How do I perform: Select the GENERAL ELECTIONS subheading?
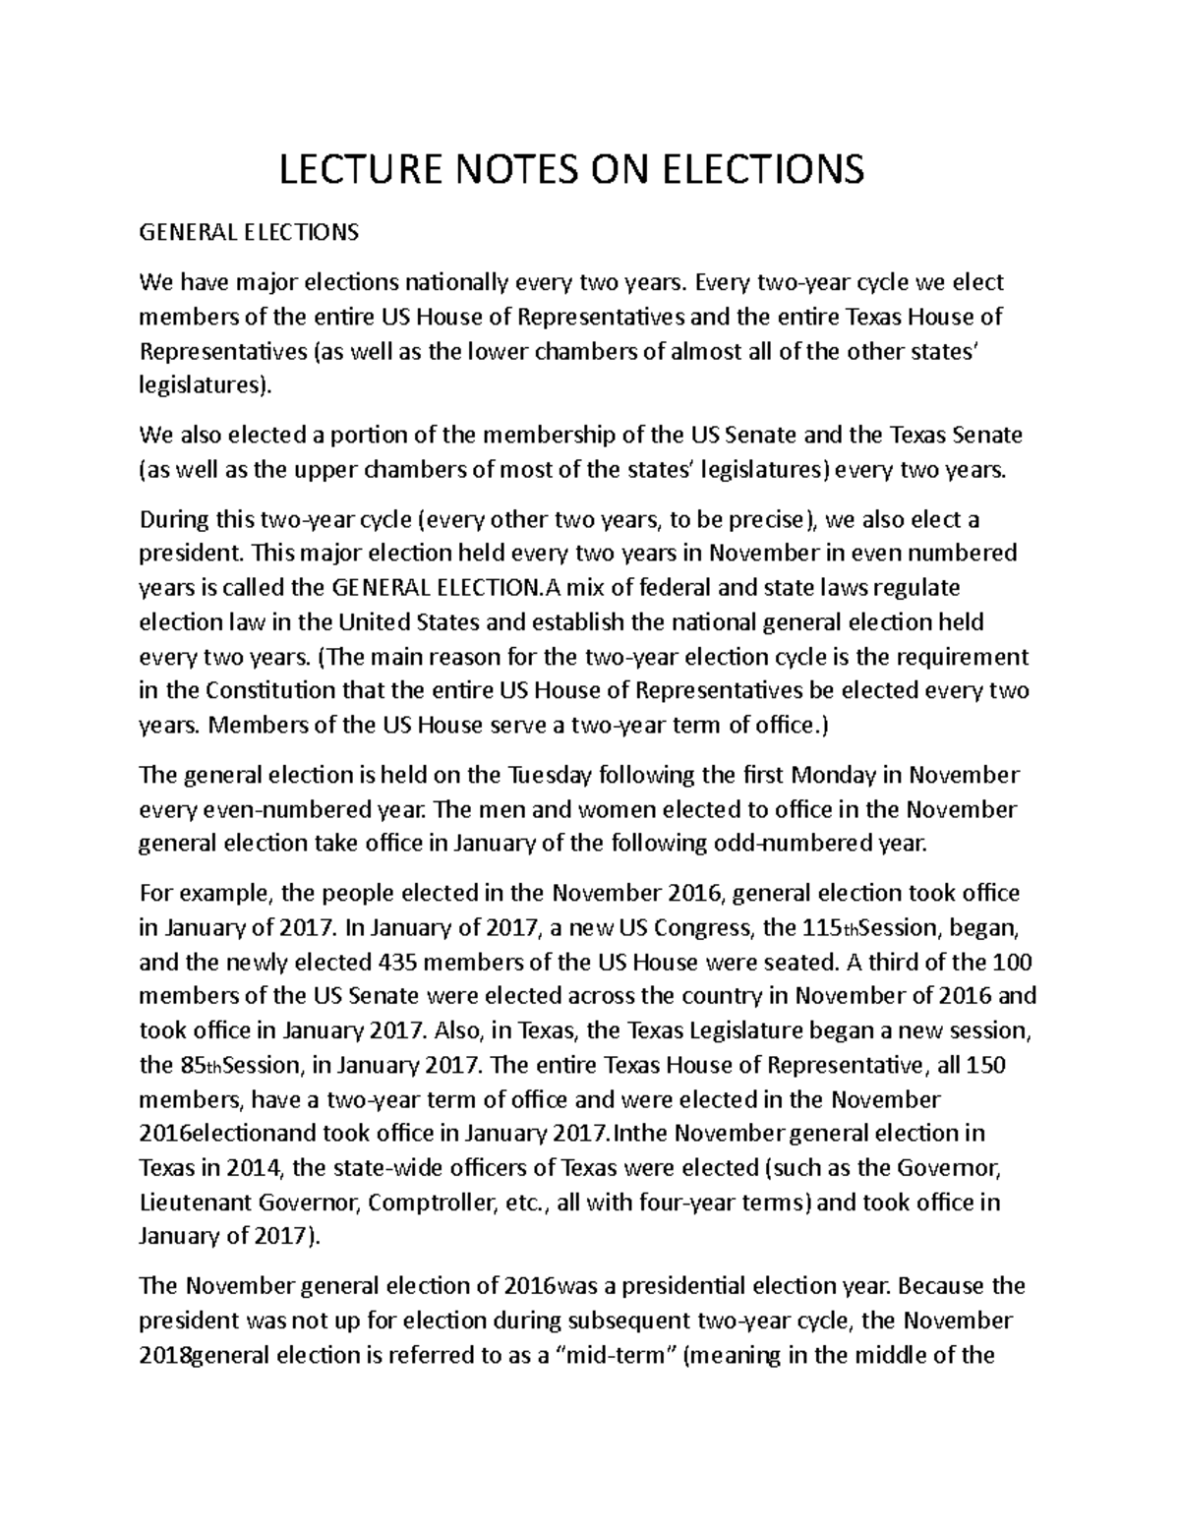click(x=249, y=233)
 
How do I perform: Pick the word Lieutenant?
click(x=197, y=1202)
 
